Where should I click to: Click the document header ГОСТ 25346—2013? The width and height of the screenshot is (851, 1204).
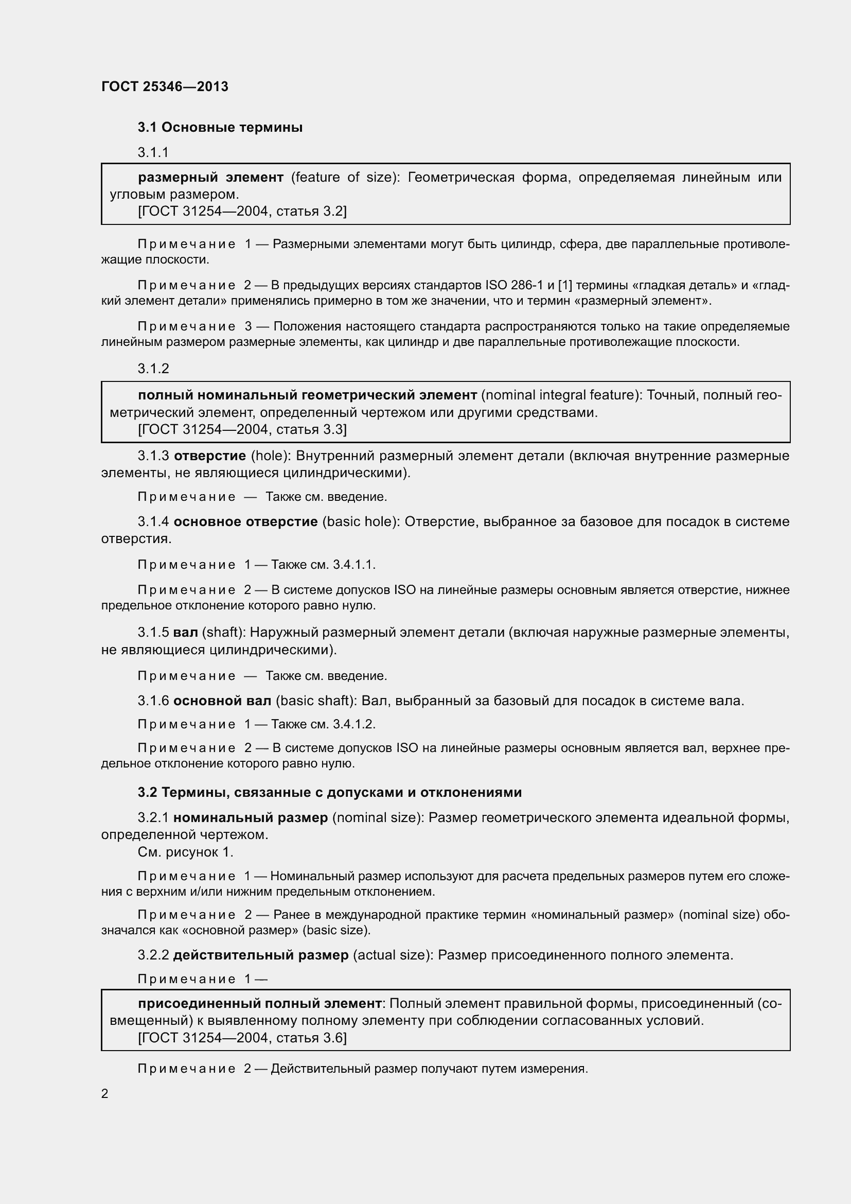click(165, 86)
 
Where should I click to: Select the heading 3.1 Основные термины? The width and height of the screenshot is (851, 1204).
click(220, 128)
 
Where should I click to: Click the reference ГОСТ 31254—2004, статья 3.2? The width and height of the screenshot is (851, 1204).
click(242, 212)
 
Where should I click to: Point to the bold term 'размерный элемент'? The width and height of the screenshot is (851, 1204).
click(210, 177)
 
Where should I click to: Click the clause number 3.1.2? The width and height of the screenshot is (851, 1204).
click(153, 369)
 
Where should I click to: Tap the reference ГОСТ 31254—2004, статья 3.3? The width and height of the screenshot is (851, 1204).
click(242, 429)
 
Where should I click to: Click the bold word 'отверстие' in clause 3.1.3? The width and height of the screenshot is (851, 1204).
click(209, 456)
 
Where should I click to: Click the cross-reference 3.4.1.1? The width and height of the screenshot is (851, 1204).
click(353, 565)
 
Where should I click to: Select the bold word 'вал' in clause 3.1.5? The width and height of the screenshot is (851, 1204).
click(186, 633)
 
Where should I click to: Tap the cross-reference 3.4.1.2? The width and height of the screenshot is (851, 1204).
click(353, 724)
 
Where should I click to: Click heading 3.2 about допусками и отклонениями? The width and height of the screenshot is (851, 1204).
click(330, 792)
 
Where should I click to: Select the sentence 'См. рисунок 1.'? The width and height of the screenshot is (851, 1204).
click(186, 852)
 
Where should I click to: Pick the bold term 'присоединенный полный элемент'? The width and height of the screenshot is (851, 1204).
click(260, 1003)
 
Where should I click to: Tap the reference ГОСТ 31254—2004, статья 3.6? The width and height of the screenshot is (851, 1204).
click(242, 1038)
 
